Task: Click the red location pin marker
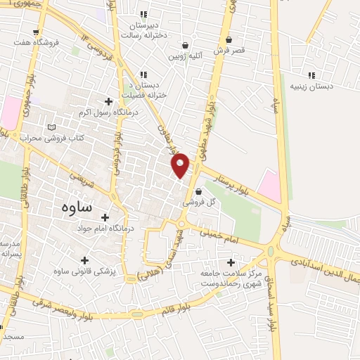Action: pos(180,165)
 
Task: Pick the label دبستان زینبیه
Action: pos(310,87)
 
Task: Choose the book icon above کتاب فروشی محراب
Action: pos(51,127)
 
